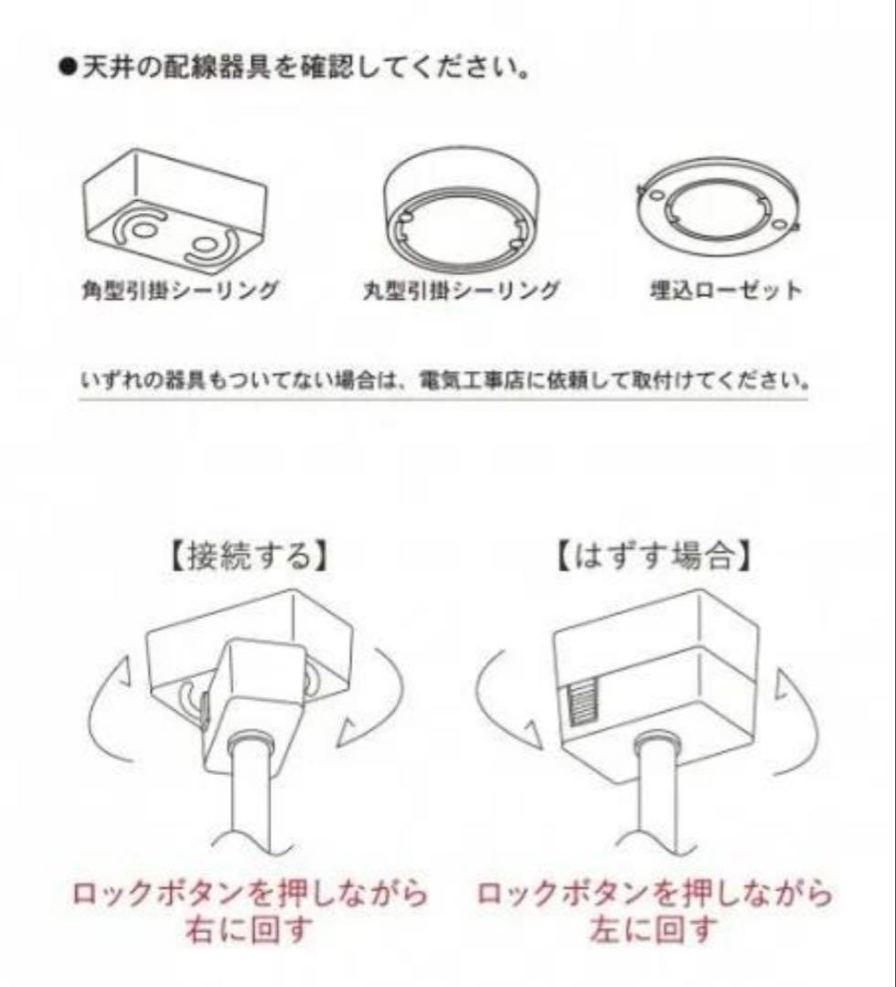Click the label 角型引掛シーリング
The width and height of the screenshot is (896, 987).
point(180,291)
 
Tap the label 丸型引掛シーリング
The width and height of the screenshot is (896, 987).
point(461,291)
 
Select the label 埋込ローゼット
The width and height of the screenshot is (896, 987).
point(726,291)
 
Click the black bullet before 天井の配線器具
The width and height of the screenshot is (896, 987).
point(68,67)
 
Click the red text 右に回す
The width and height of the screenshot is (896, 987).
point(249,930)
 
